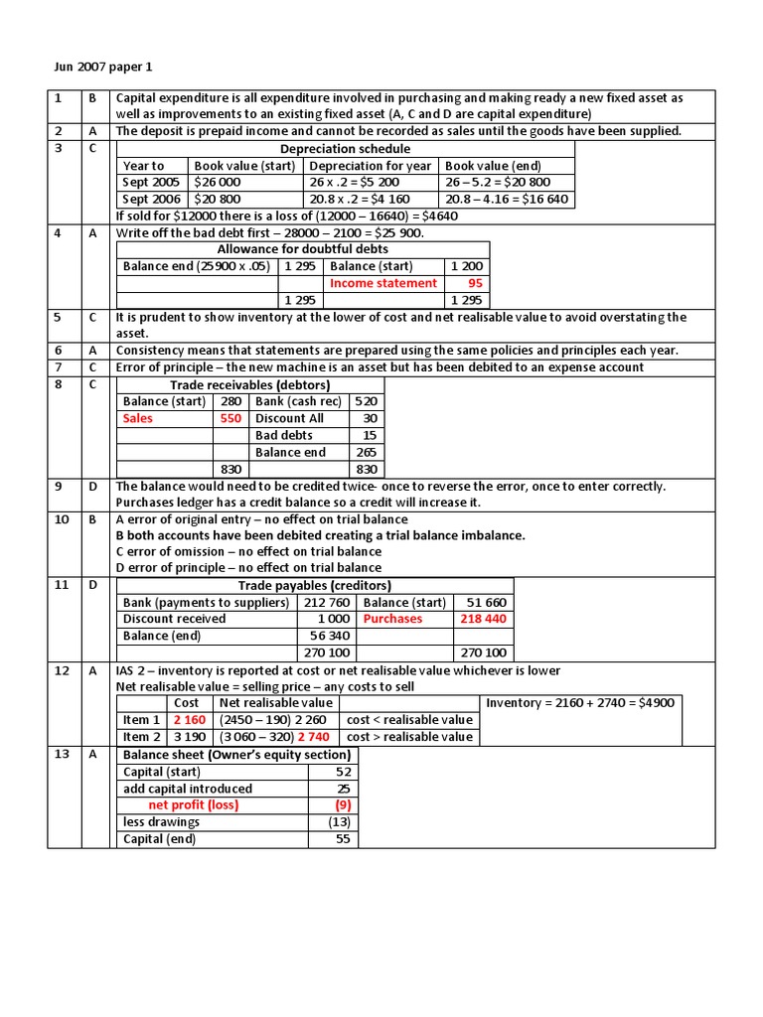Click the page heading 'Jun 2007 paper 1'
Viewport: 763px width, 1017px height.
(x=103, y=68)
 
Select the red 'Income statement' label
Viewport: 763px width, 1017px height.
(x=382, y=283)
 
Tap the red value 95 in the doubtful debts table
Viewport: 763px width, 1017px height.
(x=475, y=283)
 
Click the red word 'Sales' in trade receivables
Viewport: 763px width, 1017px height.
(x=138, y=418)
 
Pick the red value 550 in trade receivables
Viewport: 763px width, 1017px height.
(x=229, y=418)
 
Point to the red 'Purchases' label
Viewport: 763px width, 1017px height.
(x=392, y=619)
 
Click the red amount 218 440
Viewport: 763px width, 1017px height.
(x=482, y=619)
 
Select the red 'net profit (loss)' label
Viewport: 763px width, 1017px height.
(x=193, y=805)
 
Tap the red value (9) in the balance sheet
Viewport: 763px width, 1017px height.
(x=342, y=805)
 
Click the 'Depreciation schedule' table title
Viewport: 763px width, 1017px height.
(x=345, y=149)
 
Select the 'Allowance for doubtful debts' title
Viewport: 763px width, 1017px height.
(x=302, y=249)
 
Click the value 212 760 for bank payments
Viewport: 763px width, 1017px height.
(x=327, y=602)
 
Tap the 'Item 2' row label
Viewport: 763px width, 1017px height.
(x=141, y=737)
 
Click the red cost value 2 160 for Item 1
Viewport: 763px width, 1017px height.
(x=189, y=720)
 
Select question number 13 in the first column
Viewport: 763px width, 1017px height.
(x=62, y=755)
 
